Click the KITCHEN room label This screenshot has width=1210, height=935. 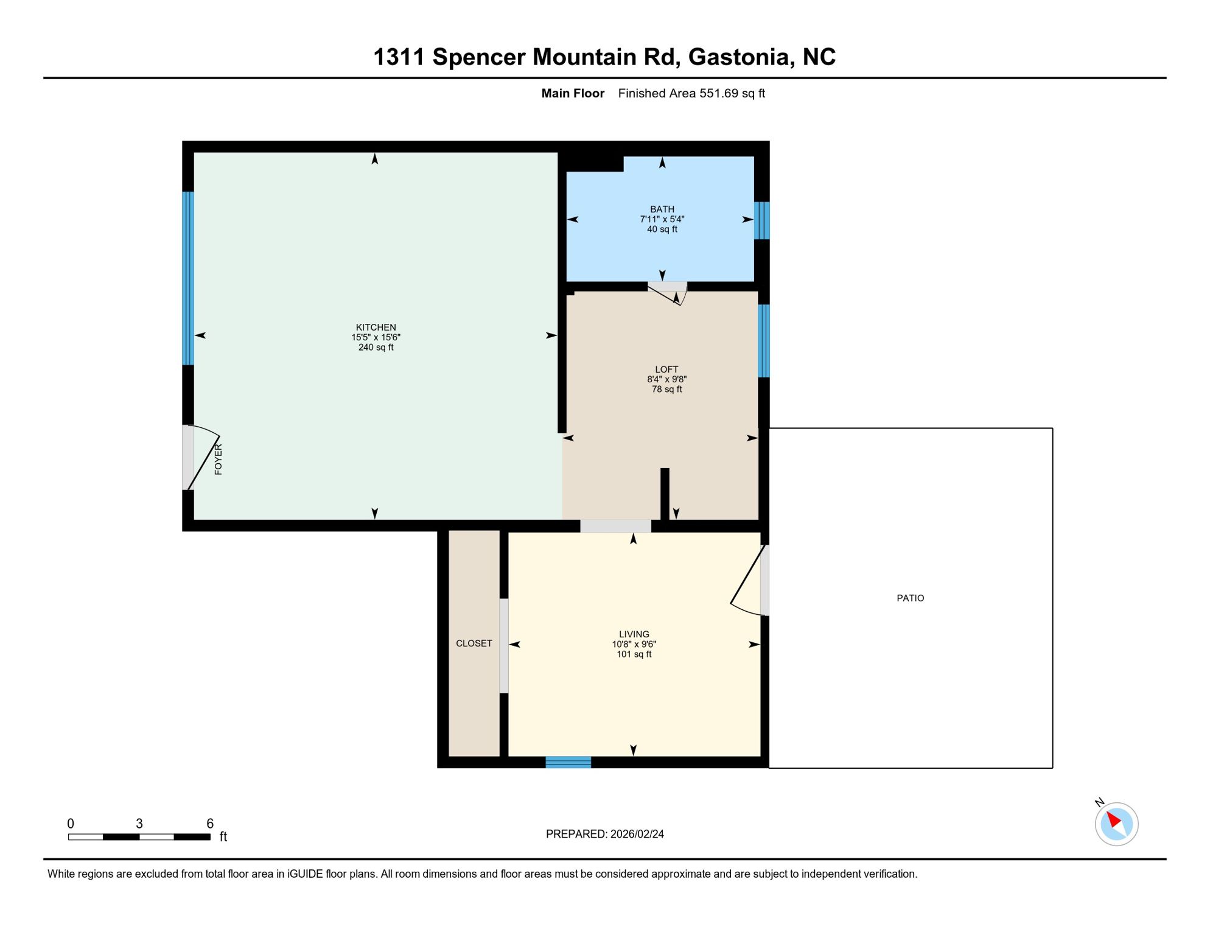pos(376,327)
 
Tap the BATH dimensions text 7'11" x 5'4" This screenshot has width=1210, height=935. pos(662,219)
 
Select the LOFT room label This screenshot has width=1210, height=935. pos(666,369)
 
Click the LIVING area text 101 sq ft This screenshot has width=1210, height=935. pos(634,654)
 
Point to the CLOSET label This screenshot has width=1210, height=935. pos(474,643)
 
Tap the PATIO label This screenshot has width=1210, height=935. pos(910,598)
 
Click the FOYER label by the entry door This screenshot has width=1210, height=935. pos(219,460)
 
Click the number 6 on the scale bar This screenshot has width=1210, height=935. pos(210,824)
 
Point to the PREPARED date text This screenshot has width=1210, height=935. pos(604,834)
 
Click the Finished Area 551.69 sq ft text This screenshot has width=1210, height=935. pos(691,93)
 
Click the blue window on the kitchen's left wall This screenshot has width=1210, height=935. pos(188,278)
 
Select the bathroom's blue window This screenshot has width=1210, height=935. pos(761,220)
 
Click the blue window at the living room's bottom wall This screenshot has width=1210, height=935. pos(568,762)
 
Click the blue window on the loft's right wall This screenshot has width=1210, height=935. pos(763,341)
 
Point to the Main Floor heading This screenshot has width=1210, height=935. pos(572,93)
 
